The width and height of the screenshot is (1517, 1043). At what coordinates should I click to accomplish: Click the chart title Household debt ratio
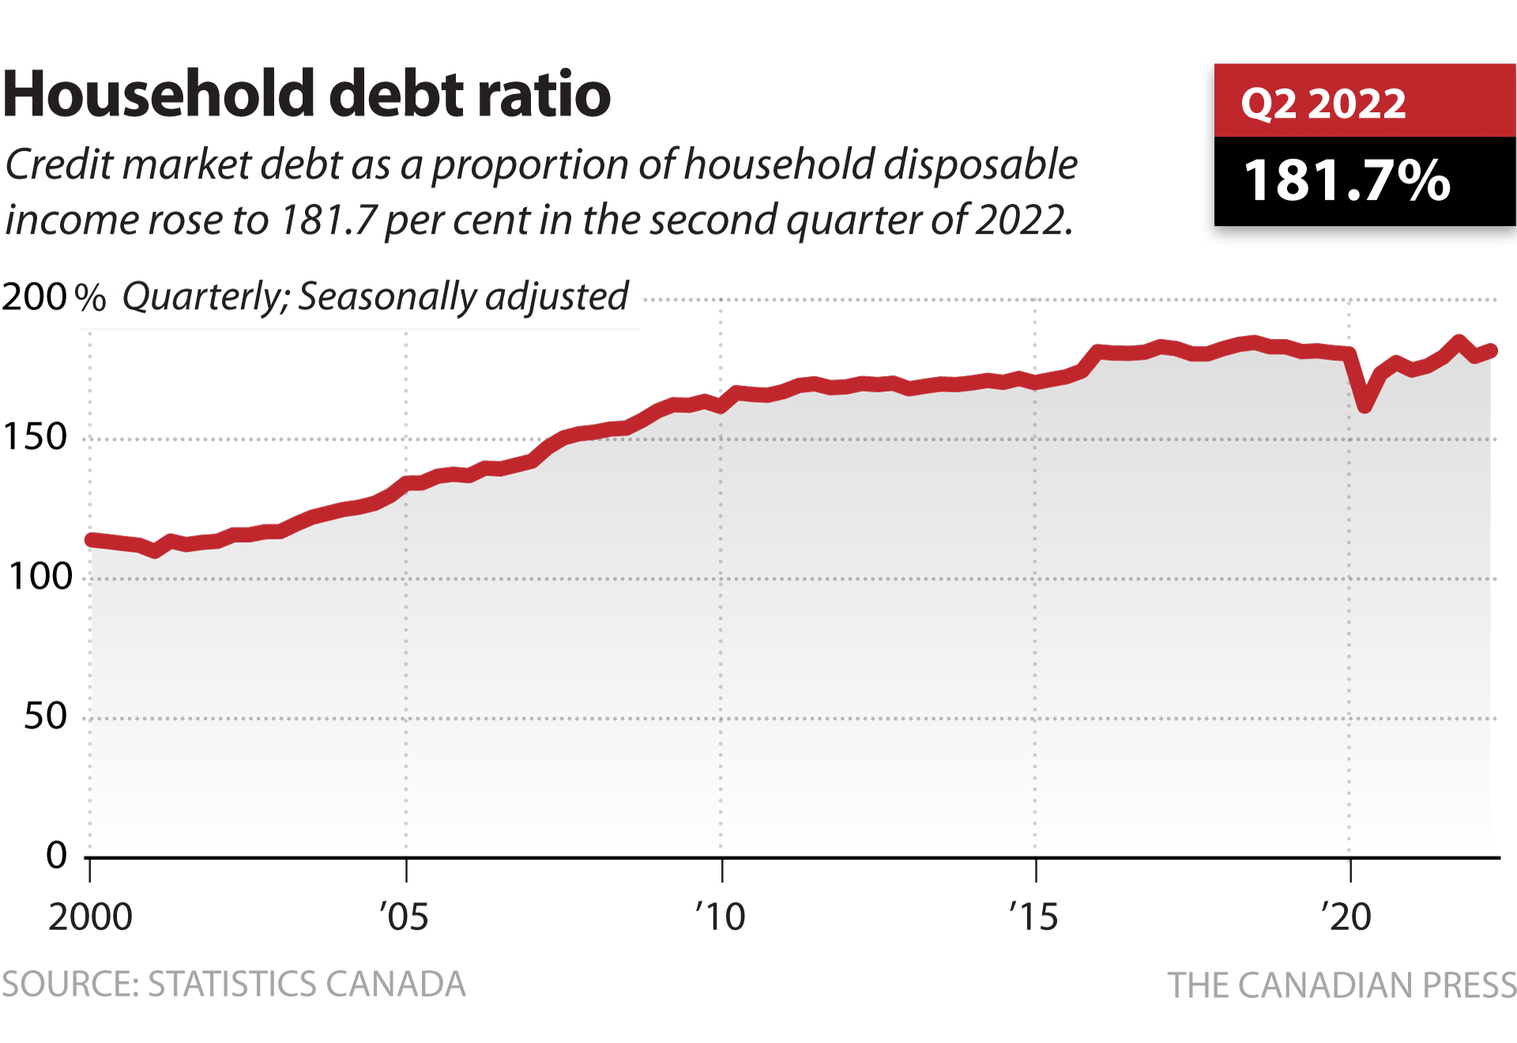click(307, 94)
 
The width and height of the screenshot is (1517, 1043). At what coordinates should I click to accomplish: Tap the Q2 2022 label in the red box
click(1323, 104)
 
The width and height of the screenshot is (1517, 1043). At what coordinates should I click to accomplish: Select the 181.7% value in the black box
click(1347, 181)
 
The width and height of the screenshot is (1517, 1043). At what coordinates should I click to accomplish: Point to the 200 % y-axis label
click(54, 297)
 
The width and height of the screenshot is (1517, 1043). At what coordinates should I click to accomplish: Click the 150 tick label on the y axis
click(36, 437)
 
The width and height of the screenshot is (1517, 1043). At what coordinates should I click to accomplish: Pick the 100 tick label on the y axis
click(40, 577)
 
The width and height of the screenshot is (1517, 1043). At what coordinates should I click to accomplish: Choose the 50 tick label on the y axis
click(46, 717)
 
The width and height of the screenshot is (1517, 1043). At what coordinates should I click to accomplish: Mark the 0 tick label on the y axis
click(56, 855)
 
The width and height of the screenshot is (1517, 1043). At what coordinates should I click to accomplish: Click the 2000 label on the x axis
click(90, 917)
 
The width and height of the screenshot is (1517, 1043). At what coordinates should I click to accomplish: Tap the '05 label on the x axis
click(404, 917)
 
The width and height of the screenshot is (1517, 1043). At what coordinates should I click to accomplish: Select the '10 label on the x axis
click(720, 917)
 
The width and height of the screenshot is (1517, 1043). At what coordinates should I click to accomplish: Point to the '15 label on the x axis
click(1033, 917)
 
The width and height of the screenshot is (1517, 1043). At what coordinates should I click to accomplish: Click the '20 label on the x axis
click(1346, 917)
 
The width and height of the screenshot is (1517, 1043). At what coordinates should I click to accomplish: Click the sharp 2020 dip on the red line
click(1365, 406)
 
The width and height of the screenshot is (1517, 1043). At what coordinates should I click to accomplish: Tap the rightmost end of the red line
click(1492, 351)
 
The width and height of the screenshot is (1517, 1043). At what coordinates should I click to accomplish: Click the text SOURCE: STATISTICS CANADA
click(234, 985)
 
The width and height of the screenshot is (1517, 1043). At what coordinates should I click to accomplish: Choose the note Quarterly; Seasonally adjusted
click(375, 297)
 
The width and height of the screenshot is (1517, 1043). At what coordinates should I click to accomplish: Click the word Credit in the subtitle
click(60, 165)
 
